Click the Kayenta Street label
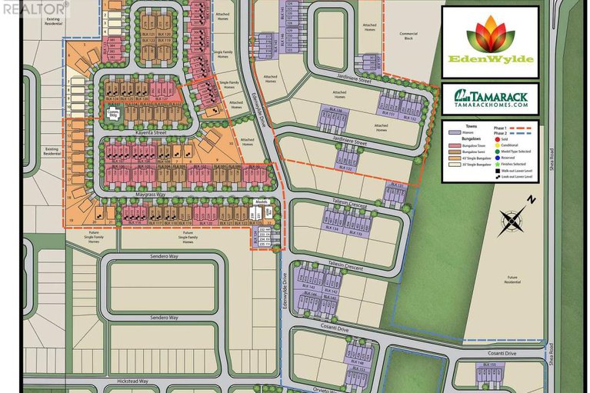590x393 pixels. click(x=150, y=132)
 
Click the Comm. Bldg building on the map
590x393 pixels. click(x=113, y=115)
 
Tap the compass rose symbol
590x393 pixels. click(x=510, y=222)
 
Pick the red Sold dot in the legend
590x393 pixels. click(x=496, y=139)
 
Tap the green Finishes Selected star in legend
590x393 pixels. click(x=496, y=165)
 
